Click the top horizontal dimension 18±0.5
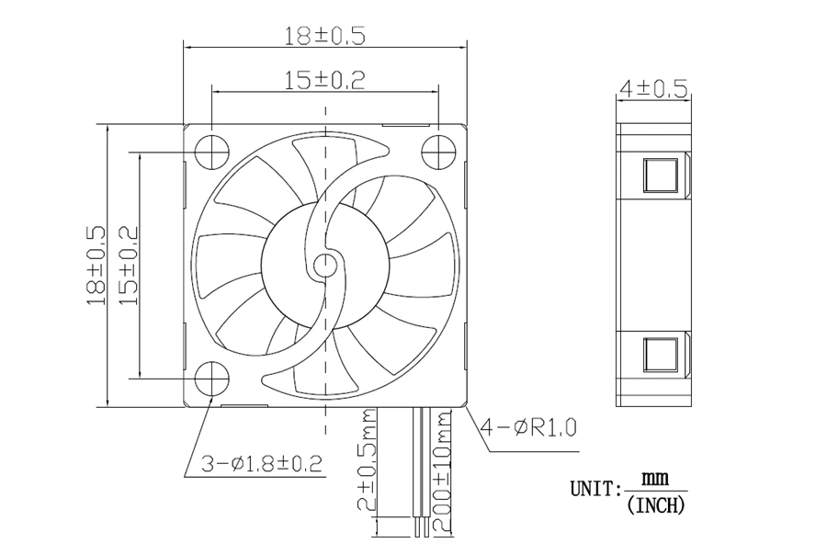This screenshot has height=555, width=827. tap(325, 36)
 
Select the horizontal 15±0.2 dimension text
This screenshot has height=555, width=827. tap(325, 80)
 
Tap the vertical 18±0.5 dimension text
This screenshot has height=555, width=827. tap(96, 266)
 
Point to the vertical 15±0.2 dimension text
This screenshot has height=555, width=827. tap(128, 266)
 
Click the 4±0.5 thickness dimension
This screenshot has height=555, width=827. tap(654, 88)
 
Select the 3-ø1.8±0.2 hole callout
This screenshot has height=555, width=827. tap(262, 464)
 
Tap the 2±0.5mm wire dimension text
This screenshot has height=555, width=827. tap(367, 459)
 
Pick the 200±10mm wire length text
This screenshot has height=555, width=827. tap(442, 471)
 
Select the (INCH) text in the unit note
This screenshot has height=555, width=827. tap(655, 505)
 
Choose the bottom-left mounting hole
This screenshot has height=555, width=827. tap(212, 379)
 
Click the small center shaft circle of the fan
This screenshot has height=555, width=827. tap(325, 266)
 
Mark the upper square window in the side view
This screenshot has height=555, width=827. tap(661, 175)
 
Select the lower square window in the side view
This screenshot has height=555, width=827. tap(661, 355)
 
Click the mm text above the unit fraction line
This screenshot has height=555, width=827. tap(655, 479)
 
